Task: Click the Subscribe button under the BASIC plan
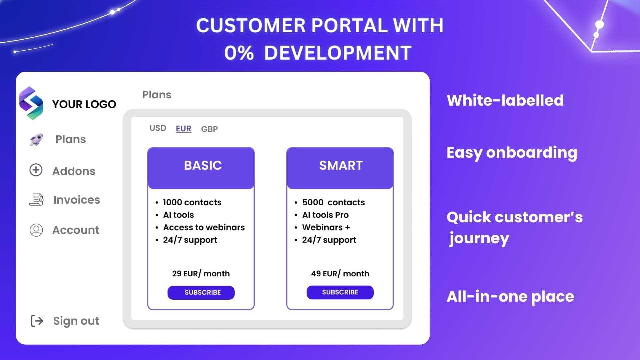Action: [201, 292]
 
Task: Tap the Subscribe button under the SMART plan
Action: [340, 292]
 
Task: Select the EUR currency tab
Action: [183, 129]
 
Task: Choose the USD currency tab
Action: [158, 128]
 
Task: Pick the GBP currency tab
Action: [209, 129]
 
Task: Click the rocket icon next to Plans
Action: [36, 140]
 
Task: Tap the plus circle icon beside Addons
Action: [36, 170]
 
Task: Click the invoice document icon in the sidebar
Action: [36, 199]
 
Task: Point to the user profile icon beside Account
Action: [36, 230]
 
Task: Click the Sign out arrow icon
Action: [37, 321]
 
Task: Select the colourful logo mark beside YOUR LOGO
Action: [31, 103]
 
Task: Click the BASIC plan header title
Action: [203, 165]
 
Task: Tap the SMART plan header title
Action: [341, 165]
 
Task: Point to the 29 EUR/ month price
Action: [201, 274]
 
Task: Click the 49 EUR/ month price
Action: [340, 274]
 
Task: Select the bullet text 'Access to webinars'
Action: [204, 227]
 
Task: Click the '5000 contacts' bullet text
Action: [333, 202]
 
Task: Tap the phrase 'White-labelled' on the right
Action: [505, 100]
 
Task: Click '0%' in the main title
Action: [239, 53]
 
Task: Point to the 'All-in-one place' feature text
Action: [510, 297]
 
